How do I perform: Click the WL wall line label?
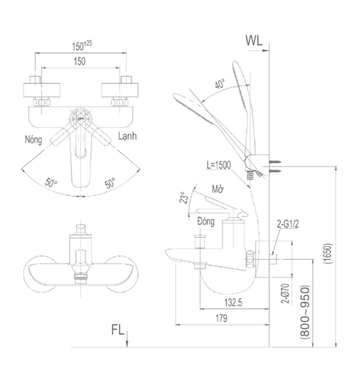(254, 40)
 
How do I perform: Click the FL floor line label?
(118, 330)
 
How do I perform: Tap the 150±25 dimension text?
(82, 46)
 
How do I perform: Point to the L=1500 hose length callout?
(218, 165)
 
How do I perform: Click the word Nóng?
(33, 139)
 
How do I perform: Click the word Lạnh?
(127, 136)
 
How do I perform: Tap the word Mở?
(217, 189)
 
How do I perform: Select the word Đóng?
(206, 221)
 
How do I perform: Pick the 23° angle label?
(184, 198)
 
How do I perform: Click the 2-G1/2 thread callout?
(288, 224)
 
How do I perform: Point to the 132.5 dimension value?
(233, 302)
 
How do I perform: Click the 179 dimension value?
(221, 318)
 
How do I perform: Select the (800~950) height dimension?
(305, 312)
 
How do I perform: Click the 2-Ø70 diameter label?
(285, 294)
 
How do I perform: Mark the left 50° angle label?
(51, 183)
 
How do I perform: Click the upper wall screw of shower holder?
(275, 161)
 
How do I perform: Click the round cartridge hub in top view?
(81, 119)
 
